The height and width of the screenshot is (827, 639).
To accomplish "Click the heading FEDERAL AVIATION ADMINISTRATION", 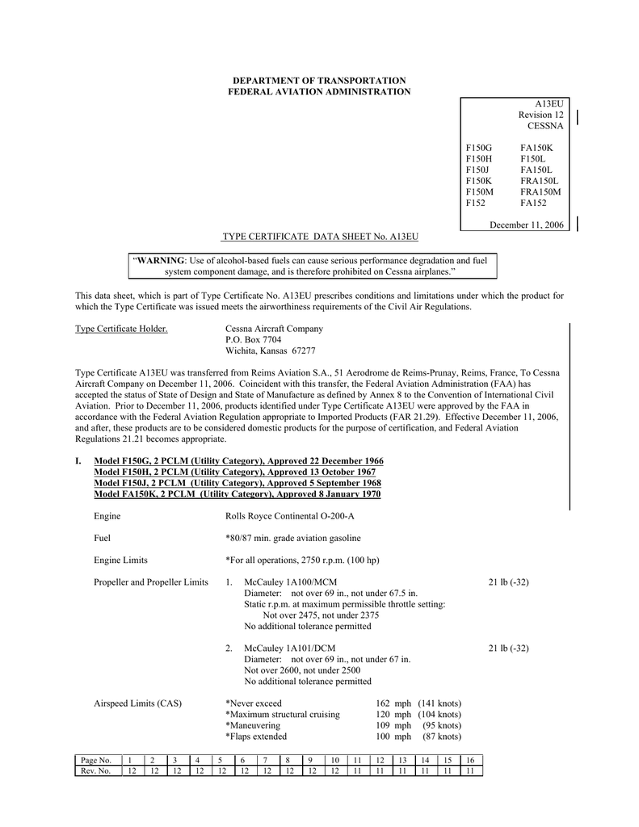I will (319, 92).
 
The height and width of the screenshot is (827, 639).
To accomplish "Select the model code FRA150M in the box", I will (540, 192).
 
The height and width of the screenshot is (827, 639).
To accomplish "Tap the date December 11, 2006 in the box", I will (527, 224).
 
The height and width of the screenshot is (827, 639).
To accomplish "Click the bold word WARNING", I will (160, 262).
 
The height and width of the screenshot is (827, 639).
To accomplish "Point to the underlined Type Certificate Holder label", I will (121, 329).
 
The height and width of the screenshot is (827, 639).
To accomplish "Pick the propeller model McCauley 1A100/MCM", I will (290, 582).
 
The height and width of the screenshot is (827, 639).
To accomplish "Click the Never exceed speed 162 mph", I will (393, 703).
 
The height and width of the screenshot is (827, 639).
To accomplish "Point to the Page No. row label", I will (95, 761).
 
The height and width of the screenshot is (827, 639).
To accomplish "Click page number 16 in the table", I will (470, 761).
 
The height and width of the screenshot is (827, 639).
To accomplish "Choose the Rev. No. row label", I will (95, 771).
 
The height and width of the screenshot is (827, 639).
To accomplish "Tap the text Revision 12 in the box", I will (540, 115).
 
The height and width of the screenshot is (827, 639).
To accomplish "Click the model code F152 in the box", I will (477, 204).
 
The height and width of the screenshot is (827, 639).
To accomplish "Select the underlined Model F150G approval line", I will (239, 460).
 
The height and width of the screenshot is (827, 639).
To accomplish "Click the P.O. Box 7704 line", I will (253, 340).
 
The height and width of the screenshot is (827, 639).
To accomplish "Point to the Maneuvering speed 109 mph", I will (393, 725).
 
